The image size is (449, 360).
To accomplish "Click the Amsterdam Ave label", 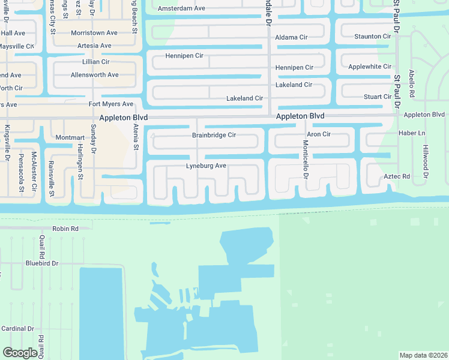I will (181, 9).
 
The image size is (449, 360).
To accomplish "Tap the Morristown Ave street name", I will (94, 33).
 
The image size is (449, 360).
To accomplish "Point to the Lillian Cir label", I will (96, 62).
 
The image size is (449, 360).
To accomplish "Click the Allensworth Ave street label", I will (95, 75).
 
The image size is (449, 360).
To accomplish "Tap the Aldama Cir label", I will (291, 37).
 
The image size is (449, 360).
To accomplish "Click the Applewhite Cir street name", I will (370, 67).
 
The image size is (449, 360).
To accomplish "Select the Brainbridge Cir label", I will (214, 135).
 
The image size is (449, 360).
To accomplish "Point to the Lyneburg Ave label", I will (206, 165).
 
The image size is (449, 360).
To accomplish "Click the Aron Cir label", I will (319, 134).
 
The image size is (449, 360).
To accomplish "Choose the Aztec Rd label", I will (397, 176).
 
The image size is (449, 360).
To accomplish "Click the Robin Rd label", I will (66, 229).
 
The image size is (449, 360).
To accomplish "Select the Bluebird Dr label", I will (42, 263).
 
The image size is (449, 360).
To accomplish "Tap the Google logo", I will (20, 352).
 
